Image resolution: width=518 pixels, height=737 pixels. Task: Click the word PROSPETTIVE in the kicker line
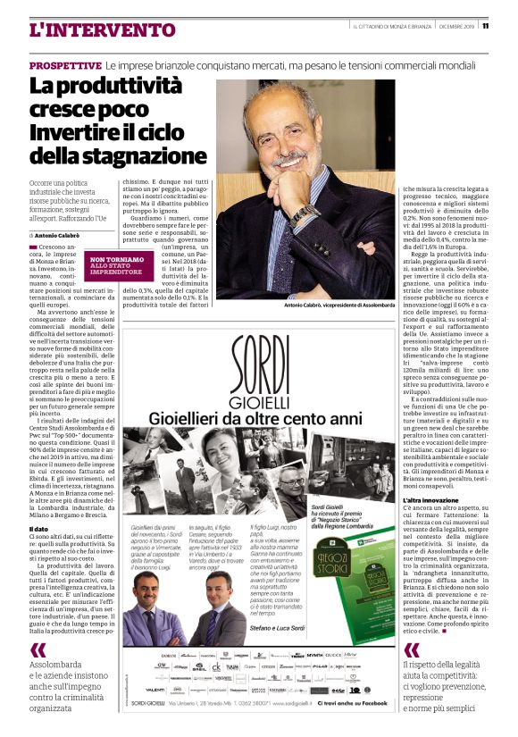pos(64,66)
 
